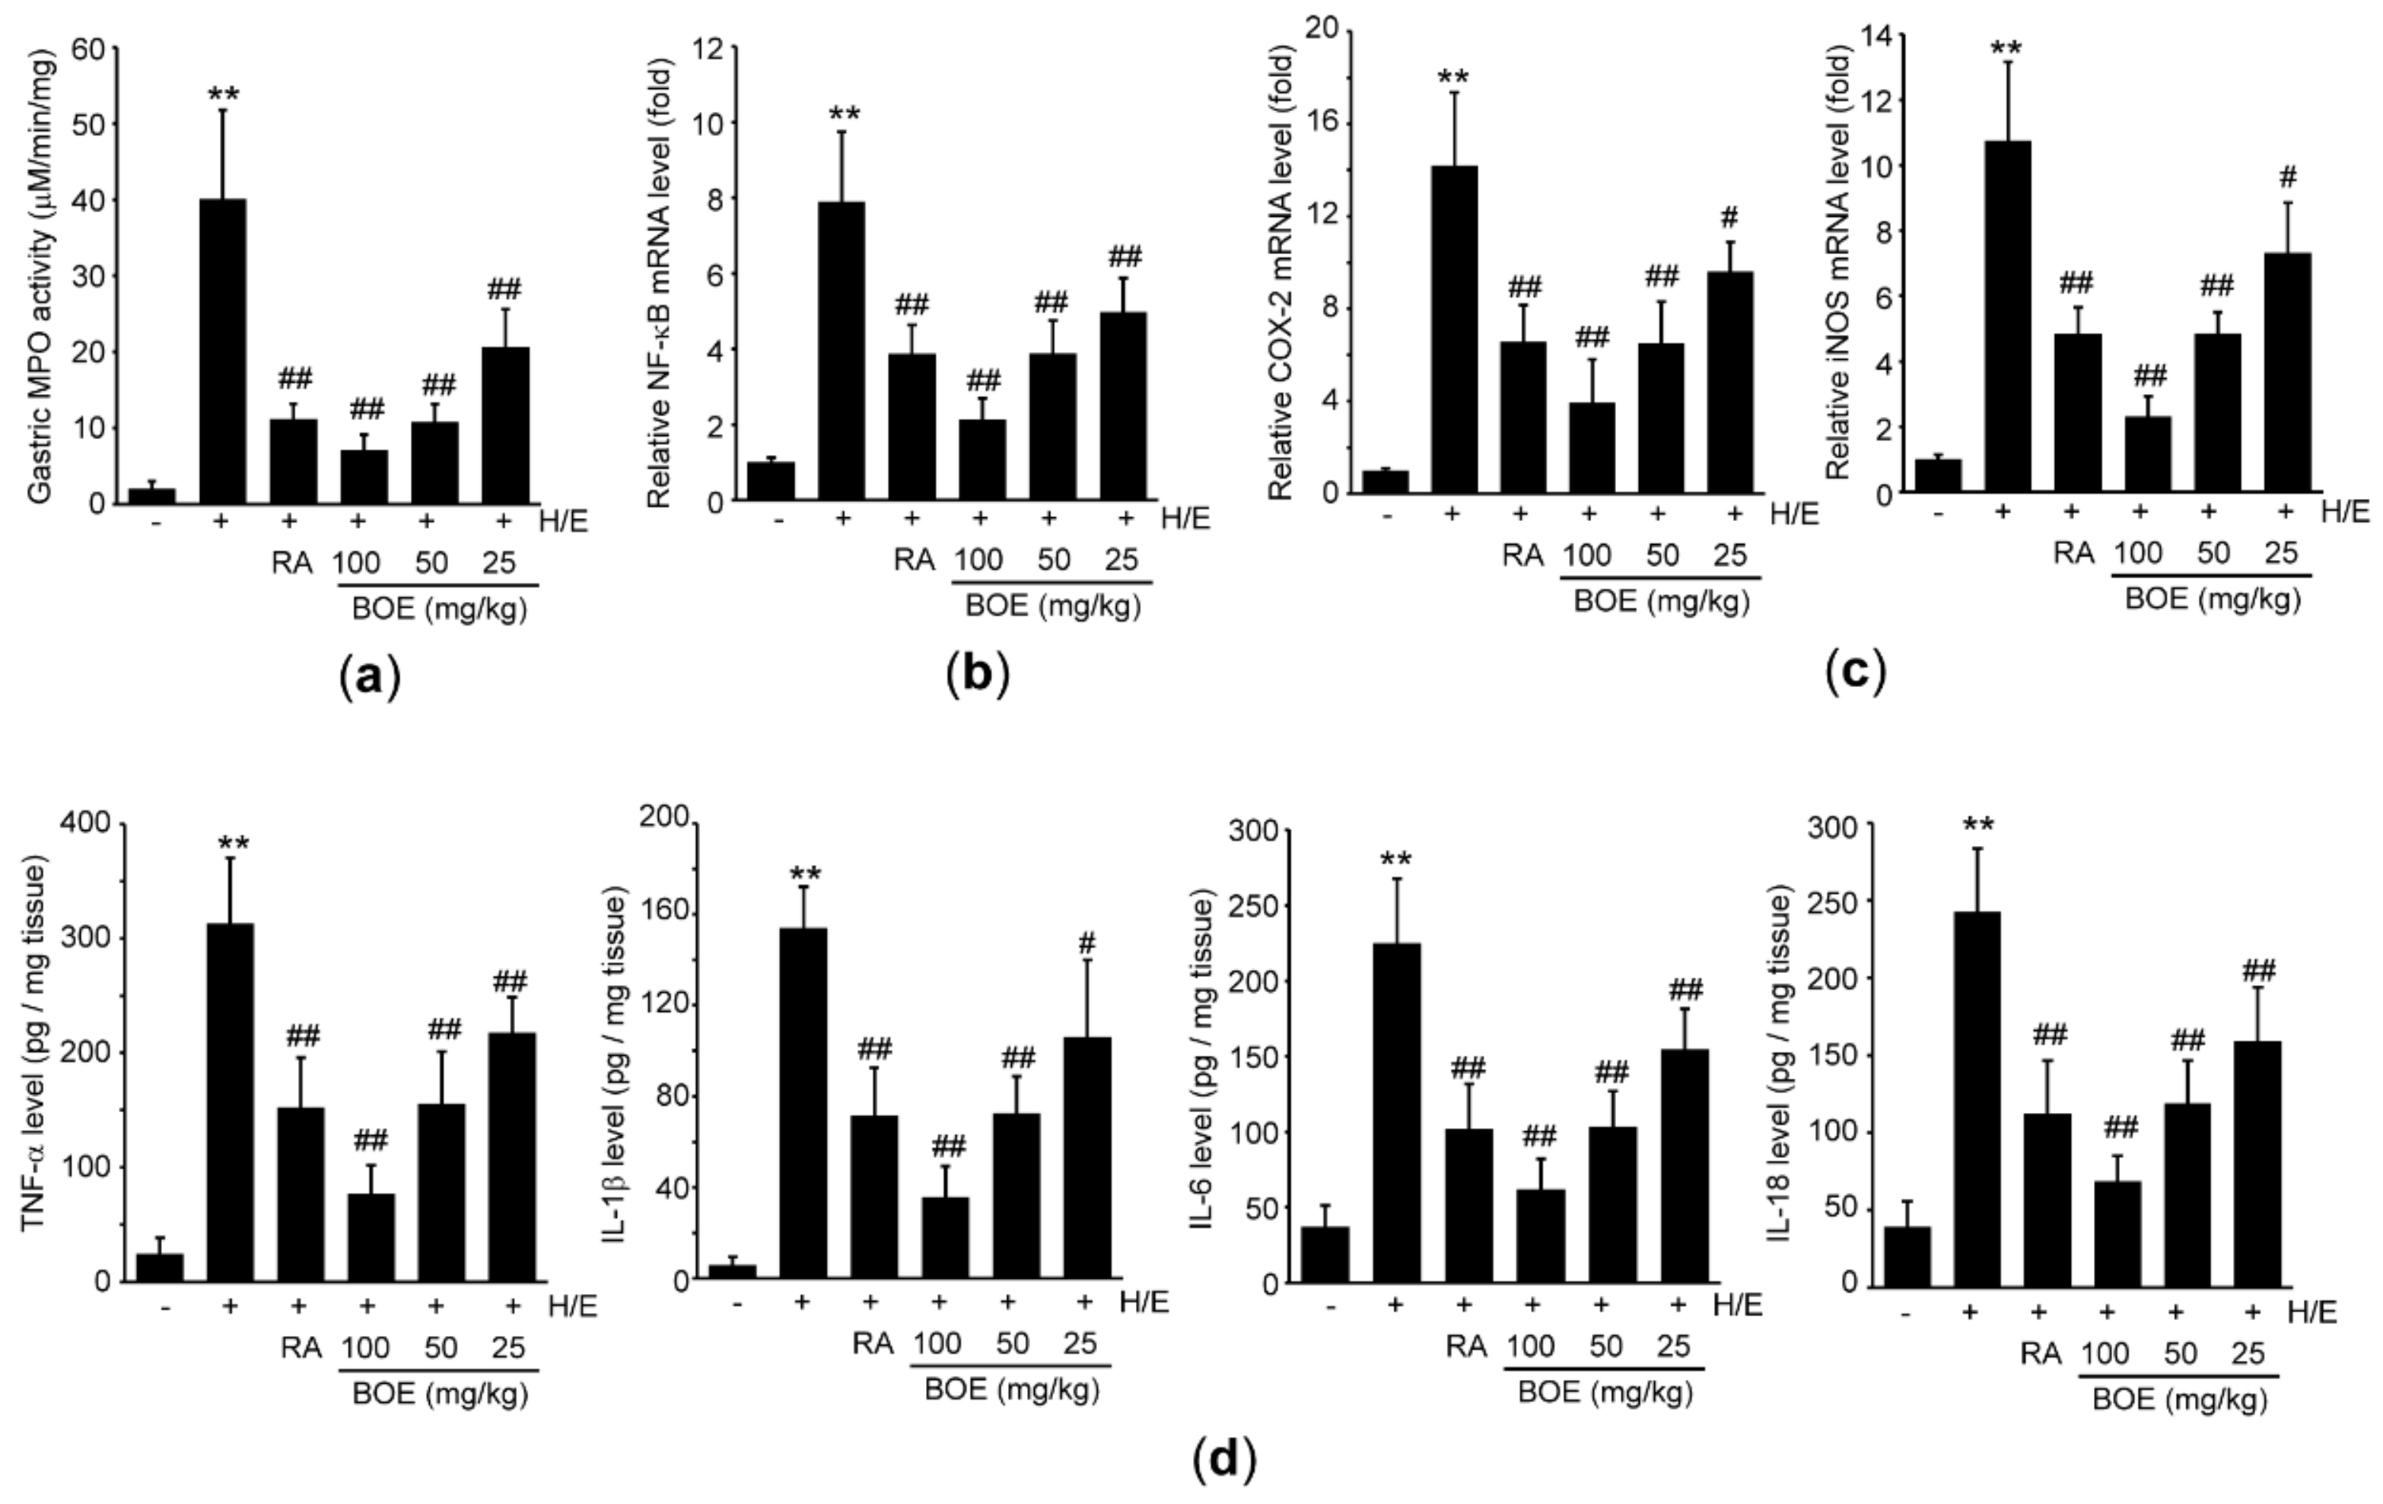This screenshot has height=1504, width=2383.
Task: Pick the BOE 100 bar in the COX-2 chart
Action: pos(1591,447)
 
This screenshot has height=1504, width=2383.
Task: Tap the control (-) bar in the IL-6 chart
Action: pos(1324,1254)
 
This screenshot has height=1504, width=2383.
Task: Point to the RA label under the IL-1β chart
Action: pos(872,1343)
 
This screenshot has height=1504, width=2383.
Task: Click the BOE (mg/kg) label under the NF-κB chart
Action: pos(1053,605)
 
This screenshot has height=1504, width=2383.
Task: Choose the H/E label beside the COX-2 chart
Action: pos(1793,514)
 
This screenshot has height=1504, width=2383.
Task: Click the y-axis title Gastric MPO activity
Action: pos(40,277)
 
